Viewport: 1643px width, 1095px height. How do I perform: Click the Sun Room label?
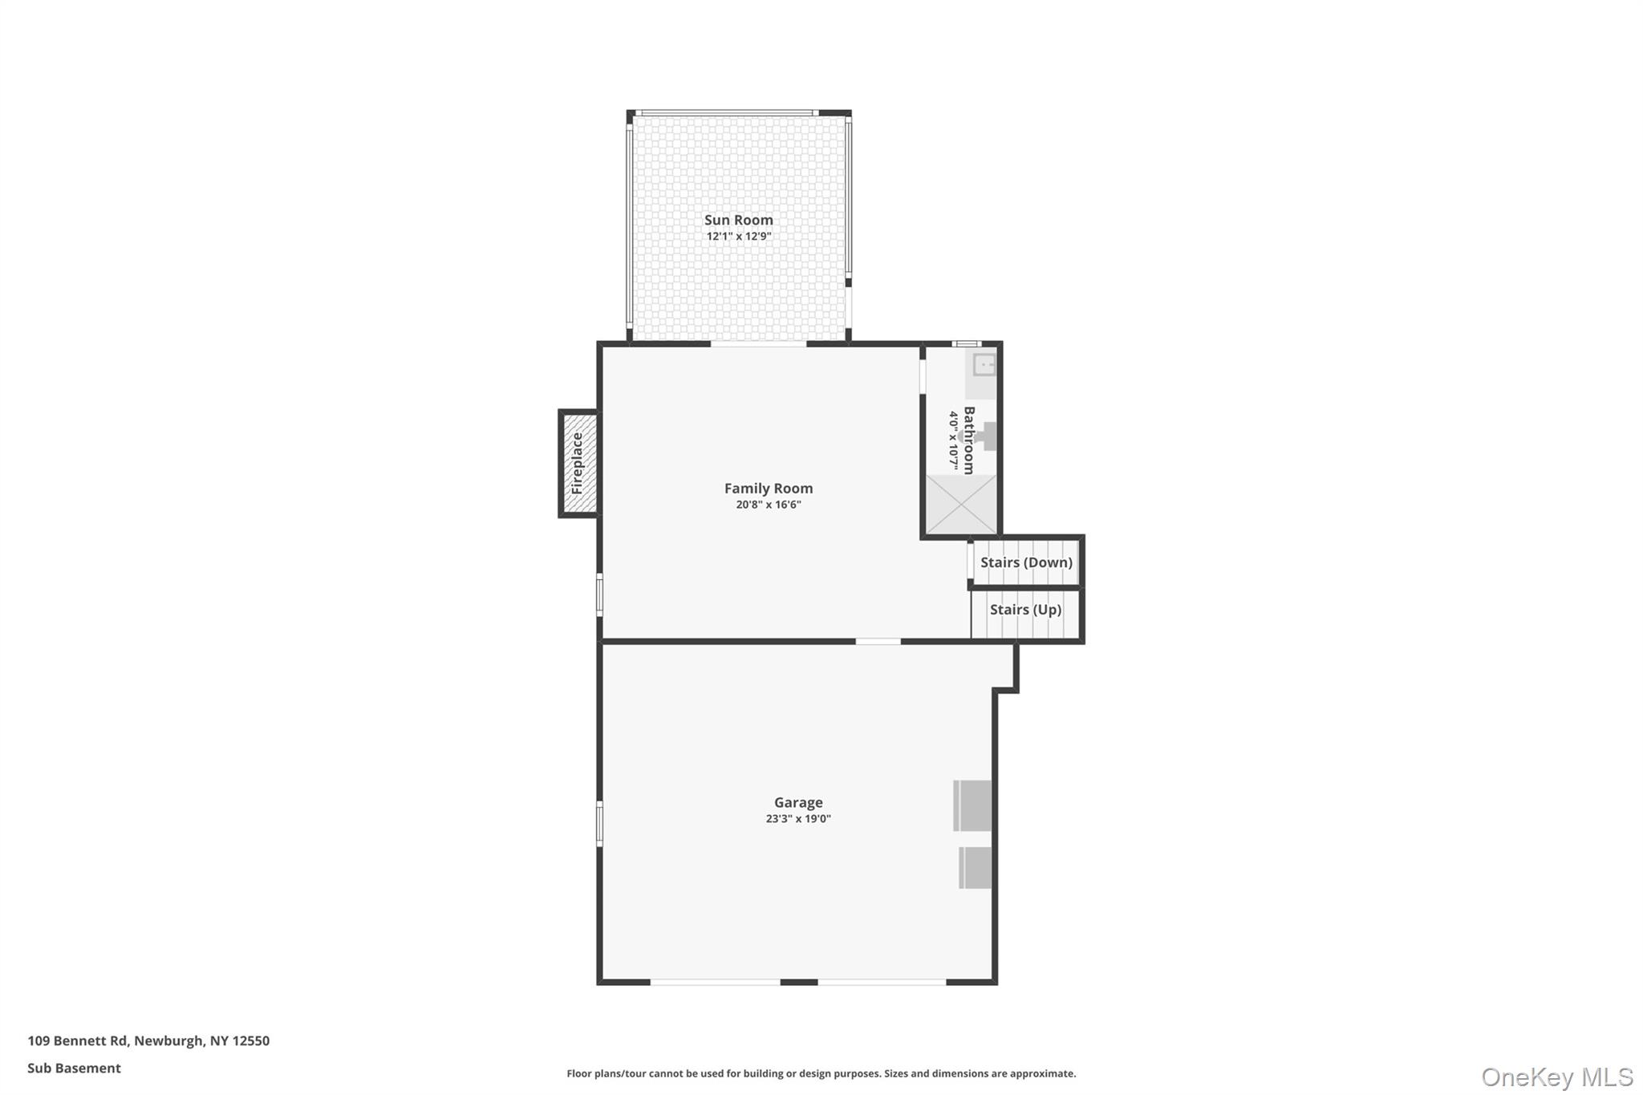tap(738, 220)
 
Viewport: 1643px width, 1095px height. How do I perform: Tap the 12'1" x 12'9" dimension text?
tap(738, 237)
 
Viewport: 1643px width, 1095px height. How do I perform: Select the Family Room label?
tap(769, 488)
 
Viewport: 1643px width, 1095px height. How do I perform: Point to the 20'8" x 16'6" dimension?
tap(769, 505)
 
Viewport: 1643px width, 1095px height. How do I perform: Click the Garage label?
tap(798, 802)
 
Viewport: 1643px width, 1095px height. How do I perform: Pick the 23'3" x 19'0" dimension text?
tap(798, 819)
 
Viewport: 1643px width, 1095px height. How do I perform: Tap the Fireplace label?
tap(577, 463)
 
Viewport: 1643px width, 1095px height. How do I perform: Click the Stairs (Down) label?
tap(1026, 562)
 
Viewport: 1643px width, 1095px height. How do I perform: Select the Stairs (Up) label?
tap(1025, 610)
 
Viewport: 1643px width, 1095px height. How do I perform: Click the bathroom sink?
tap(984, 365)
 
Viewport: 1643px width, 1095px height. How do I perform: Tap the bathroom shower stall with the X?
tap(961, 504)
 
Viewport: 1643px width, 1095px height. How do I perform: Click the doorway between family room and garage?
tap(878, 641)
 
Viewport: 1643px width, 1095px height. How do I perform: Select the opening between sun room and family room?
tap(758, 344)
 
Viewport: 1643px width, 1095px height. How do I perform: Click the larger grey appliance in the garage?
tap(972, 805)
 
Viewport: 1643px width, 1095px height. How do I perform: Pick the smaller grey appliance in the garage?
tap(975, 868)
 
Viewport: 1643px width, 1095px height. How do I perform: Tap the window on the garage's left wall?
tap(599, 823)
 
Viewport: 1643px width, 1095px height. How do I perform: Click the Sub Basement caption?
tap(74, 1069)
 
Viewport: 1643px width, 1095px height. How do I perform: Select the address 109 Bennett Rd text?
tap(78, 1041)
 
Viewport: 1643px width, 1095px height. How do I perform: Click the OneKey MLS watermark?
tap(1557, 1077)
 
